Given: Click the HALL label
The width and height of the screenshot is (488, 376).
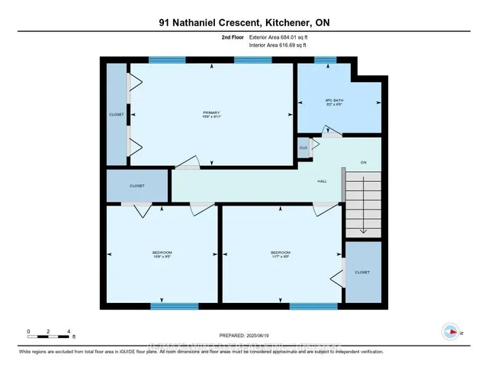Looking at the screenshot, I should coord(322,181).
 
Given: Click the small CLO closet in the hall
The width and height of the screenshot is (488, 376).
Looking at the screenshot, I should coord(303,148).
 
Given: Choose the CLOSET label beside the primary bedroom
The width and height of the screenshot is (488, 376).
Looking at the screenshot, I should coord(116,114).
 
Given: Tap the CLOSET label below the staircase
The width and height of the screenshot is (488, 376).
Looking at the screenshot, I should coord(362,271).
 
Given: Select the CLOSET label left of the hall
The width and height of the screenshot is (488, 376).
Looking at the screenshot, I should coord(136,186).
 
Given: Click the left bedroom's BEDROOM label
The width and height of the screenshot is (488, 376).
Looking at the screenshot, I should coord(162,253).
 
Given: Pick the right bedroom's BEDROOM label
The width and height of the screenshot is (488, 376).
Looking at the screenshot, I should coord(281,253).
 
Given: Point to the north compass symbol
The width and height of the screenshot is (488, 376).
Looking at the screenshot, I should coord(451,331).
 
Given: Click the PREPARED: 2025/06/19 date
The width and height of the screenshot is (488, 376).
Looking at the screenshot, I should coord(244,336).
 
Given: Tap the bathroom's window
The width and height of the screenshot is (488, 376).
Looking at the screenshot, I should coord(326,59).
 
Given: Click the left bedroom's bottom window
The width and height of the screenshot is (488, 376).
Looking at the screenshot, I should coord(169,306).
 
